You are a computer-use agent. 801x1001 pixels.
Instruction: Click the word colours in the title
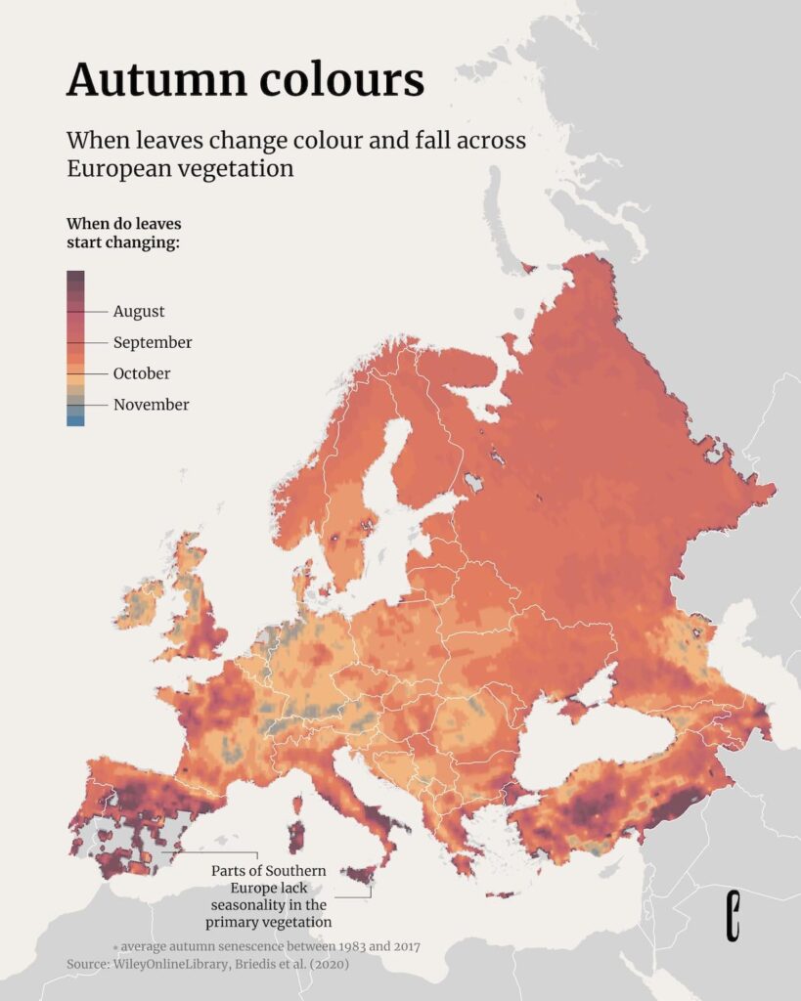click(342, 79)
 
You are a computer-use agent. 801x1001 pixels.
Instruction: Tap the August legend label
click(139, 312)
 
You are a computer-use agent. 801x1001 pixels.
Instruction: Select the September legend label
click(153, 343)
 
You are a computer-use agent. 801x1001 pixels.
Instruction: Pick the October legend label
click(142, 373)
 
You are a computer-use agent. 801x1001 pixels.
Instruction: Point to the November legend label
click(151, 405)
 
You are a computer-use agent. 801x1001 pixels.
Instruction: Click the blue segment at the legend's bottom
click(75, 420)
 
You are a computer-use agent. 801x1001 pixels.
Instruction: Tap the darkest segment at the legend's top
click(75, 277)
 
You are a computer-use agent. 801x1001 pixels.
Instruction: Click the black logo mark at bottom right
click(734, 916)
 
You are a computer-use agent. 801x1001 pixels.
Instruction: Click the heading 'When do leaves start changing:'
click(123, 233)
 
